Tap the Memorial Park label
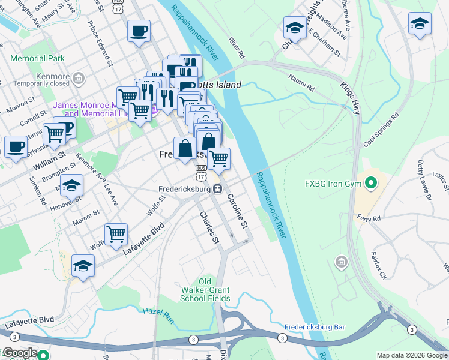point(37,59)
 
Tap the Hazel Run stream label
point(158,315)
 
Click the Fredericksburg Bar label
point(315,327)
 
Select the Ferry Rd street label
point(368,218)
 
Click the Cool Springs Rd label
point(381,131)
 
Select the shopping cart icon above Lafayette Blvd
point(116,233)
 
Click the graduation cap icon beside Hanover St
point(71,185)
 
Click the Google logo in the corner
point(20,353)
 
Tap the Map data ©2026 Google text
point(411,355)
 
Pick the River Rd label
point(236,49)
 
